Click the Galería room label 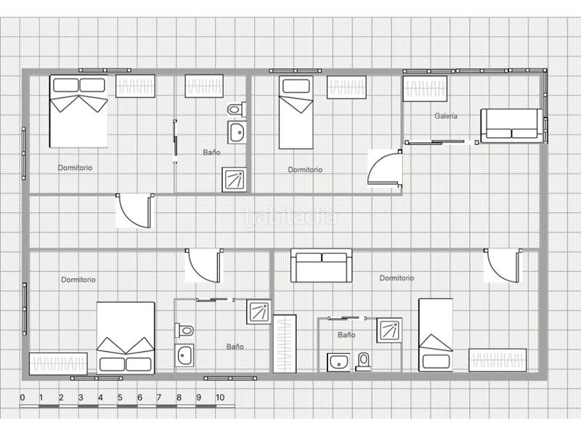pyautogui.click(x=446, y=116)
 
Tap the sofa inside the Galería pyautogui.click(x=511, y=126)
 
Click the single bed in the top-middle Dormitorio pyautogui.click(x=296, y=112)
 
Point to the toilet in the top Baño pyautogui.click(x=235, y=110)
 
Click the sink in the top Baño pyautogui.click(x=236, y=133)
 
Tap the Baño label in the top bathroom pyautogui.click(x=211, y=153)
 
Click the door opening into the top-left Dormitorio pyautogui.click(x=134, y=211)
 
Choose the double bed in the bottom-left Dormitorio pyautogui.click(x=126, y=338)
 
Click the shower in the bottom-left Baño pyautogui.click(x=258, y=312)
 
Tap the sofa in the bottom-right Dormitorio pyautogui.click(x=321, y=265)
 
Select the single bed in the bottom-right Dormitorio pyautogui.click(x=435, y=335)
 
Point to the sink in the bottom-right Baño pyautogui.click(x=338, y=361)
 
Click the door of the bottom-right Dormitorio pyautogui.click(x=503, y=266)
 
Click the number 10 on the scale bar pyautogui.click(x=220, y=397)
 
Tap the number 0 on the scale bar pyautogui.click(x=23, y=397)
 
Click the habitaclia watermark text pyautogui.click(x=290, y=217)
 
